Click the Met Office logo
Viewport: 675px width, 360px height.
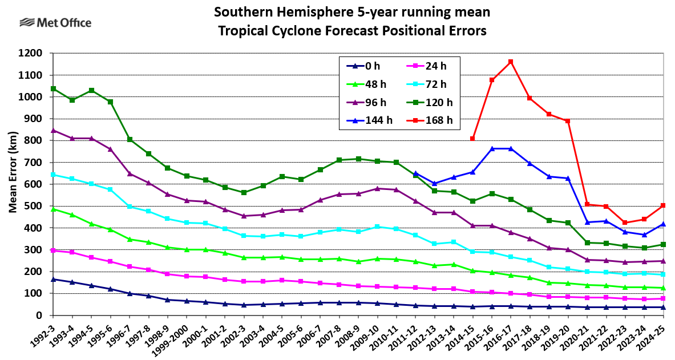tap(55, 23)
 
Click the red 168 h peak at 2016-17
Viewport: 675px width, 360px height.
tap(511, 62)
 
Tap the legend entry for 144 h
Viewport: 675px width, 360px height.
tap(370, 120)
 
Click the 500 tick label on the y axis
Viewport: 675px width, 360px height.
tap(34, 206)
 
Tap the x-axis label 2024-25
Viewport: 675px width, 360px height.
tap(653, 337)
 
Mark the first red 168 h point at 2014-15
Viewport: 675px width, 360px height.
tap(472, 139)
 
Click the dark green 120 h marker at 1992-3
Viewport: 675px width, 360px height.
tap(53, 88)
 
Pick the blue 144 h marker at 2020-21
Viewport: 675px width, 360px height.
tap(587, 222)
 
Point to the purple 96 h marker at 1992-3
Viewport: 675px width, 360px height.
tap(53, 130)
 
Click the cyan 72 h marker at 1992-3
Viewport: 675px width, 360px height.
tap(53, 175)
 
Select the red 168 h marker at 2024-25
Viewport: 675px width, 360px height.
tap(663, 205)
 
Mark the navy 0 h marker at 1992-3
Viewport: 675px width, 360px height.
tap(53, 279)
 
